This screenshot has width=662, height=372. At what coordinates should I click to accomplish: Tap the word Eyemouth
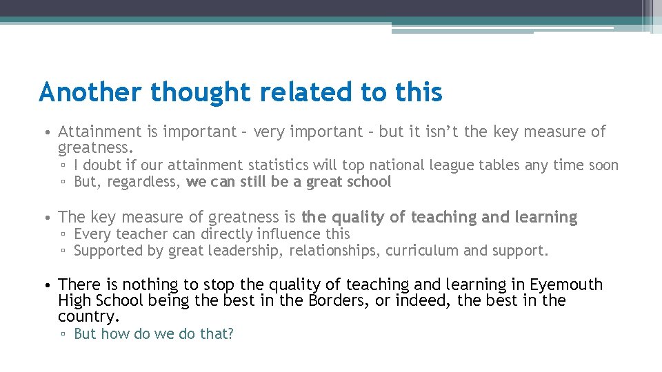(566, 285)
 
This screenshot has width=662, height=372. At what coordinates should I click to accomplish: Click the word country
(88, 317)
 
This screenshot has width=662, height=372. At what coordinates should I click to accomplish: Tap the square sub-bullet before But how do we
(63, 335)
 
